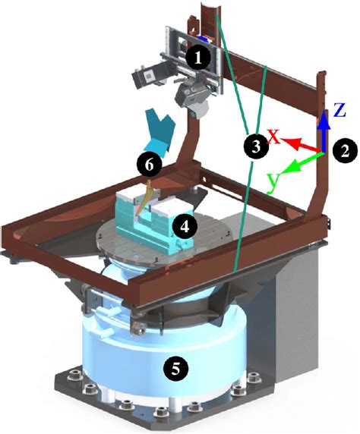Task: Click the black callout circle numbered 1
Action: (198, 58)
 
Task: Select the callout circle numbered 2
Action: (345, 151)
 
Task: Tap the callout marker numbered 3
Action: (257, 146)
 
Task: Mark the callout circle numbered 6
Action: (149, 165)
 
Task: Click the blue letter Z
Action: (339, 109)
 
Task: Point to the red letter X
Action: (274, 137)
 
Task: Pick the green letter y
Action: (273, 181)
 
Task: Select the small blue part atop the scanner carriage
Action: (205, 39)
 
